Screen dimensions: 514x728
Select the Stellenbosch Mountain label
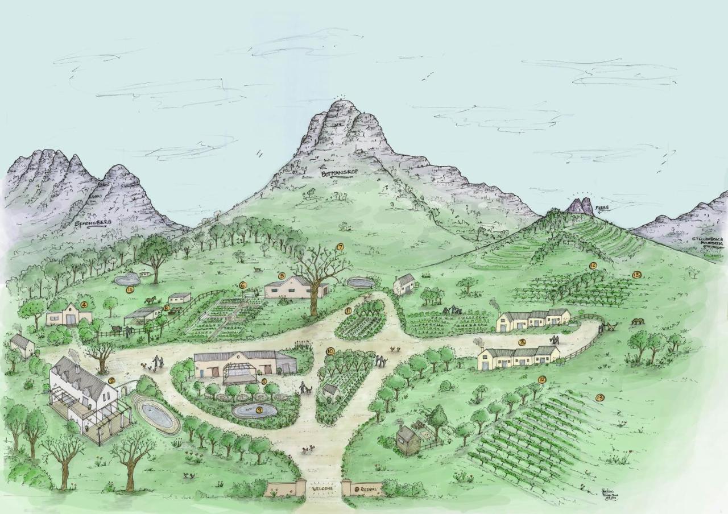pyautogui.click(x=708, y=243)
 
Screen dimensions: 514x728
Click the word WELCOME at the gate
pyautogui.click(x=324, y=488)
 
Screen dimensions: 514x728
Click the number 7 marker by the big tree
pyautogui.click(x=340, y=247)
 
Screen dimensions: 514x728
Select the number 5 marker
pyautogui.click(x=281, y=276)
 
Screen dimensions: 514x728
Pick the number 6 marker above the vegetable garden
pyautogui.click(x=242, y=285)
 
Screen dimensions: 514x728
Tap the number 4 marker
pyautogui.click(x=84, y=305)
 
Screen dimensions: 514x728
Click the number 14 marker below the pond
pyautogui.click(x=130, y=289)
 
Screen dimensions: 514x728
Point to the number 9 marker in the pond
pyautogui.click(x=259, y=409)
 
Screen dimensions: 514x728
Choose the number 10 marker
pyautogui.click(x=330, y=351)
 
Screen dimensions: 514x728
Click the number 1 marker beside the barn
pyautogui.click(x=263, y=381)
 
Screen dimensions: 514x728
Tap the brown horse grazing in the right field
pyautogui.click(x=638, y=321)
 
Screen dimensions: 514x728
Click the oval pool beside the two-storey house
pyautogui.click(x=155, y=415)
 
